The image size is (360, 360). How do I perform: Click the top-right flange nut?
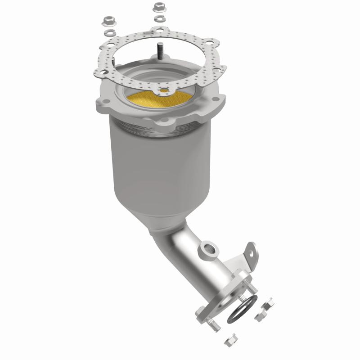pos(158,7)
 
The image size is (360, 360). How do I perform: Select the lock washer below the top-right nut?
pos(158,19)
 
